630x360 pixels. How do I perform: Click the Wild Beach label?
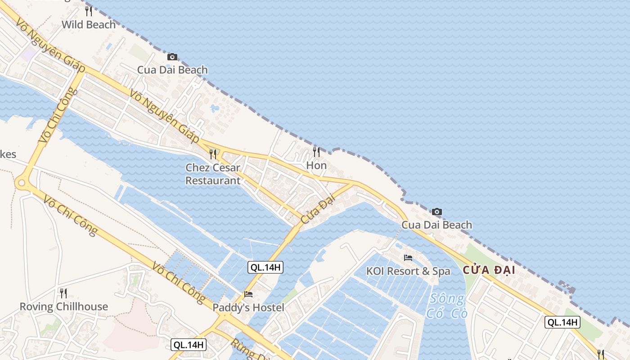89,25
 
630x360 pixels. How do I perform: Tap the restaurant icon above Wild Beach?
89,11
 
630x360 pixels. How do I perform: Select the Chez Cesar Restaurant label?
213,174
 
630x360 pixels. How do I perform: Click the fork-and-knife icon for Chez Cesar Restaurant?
213,154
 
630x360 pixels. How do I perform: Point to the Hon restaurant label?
316,166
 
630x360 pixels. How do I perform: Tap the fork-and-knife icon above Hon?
316,152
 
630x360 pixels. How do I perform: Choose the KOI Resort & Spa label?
408,271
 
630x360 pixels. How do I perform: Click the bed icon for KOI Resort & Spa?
408,258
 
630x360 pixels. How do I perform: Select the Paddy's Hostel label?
248,308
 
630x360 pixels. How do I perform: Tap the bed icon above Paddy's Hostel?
248,294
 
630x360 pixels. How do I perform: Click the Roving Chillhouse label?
63,307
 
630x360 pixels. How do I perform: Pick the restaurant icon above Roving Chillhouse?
63,293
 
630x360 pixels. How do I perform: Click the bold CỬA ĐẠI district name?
489,270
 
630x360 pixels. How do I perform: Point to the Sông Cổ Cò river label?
446,306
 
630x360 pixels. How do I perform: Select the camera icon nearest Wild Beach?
172,57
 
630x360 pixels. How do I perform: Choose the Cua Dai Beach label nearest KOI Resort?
436,225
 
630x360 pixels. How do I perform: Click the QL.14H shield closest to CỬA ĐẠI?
562,322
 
